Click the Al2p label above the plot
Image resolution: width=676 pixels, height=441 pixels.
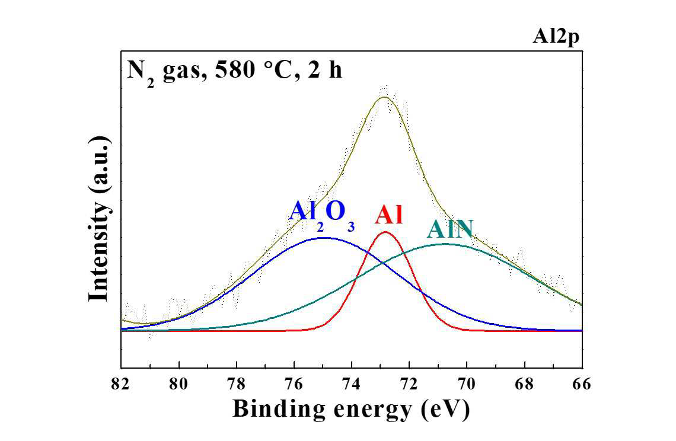556,37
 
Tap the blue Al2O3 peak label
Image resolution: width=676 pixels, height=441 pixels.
321,213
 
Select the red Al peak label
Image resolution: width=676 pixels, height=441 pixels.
388,215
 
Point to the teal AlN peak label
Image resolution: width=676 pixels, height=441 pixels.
450,229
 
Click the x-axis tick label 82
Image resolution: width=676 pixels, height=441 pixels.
120,384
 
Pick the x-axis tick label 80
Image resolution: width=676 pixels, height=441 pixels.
178,384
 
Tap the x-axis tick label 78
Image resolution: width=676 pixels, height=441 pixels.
236,384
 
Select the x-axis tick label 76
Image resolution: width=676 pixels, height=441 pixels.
294,384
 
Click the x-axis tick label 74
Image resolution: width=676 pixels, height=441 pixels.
352,384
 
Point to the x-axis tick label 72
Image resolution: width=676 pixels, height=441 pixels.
409,384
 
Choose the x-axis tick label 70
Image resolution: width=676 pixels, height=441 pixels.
467,384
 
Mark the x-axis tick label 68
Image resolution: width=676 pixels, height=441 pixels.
525,384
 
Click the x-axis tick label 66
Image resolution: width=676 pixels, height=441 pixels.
582,384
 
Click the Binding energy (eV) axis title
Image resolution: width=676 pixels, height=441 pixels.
351,408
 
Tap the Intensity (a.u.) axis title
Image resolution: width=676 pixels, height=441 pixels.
99,219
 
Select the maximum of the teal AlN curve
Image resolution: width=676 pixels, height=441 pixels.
446,244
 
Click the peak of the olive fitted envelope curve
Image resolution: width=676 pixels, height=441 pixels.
385,97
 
